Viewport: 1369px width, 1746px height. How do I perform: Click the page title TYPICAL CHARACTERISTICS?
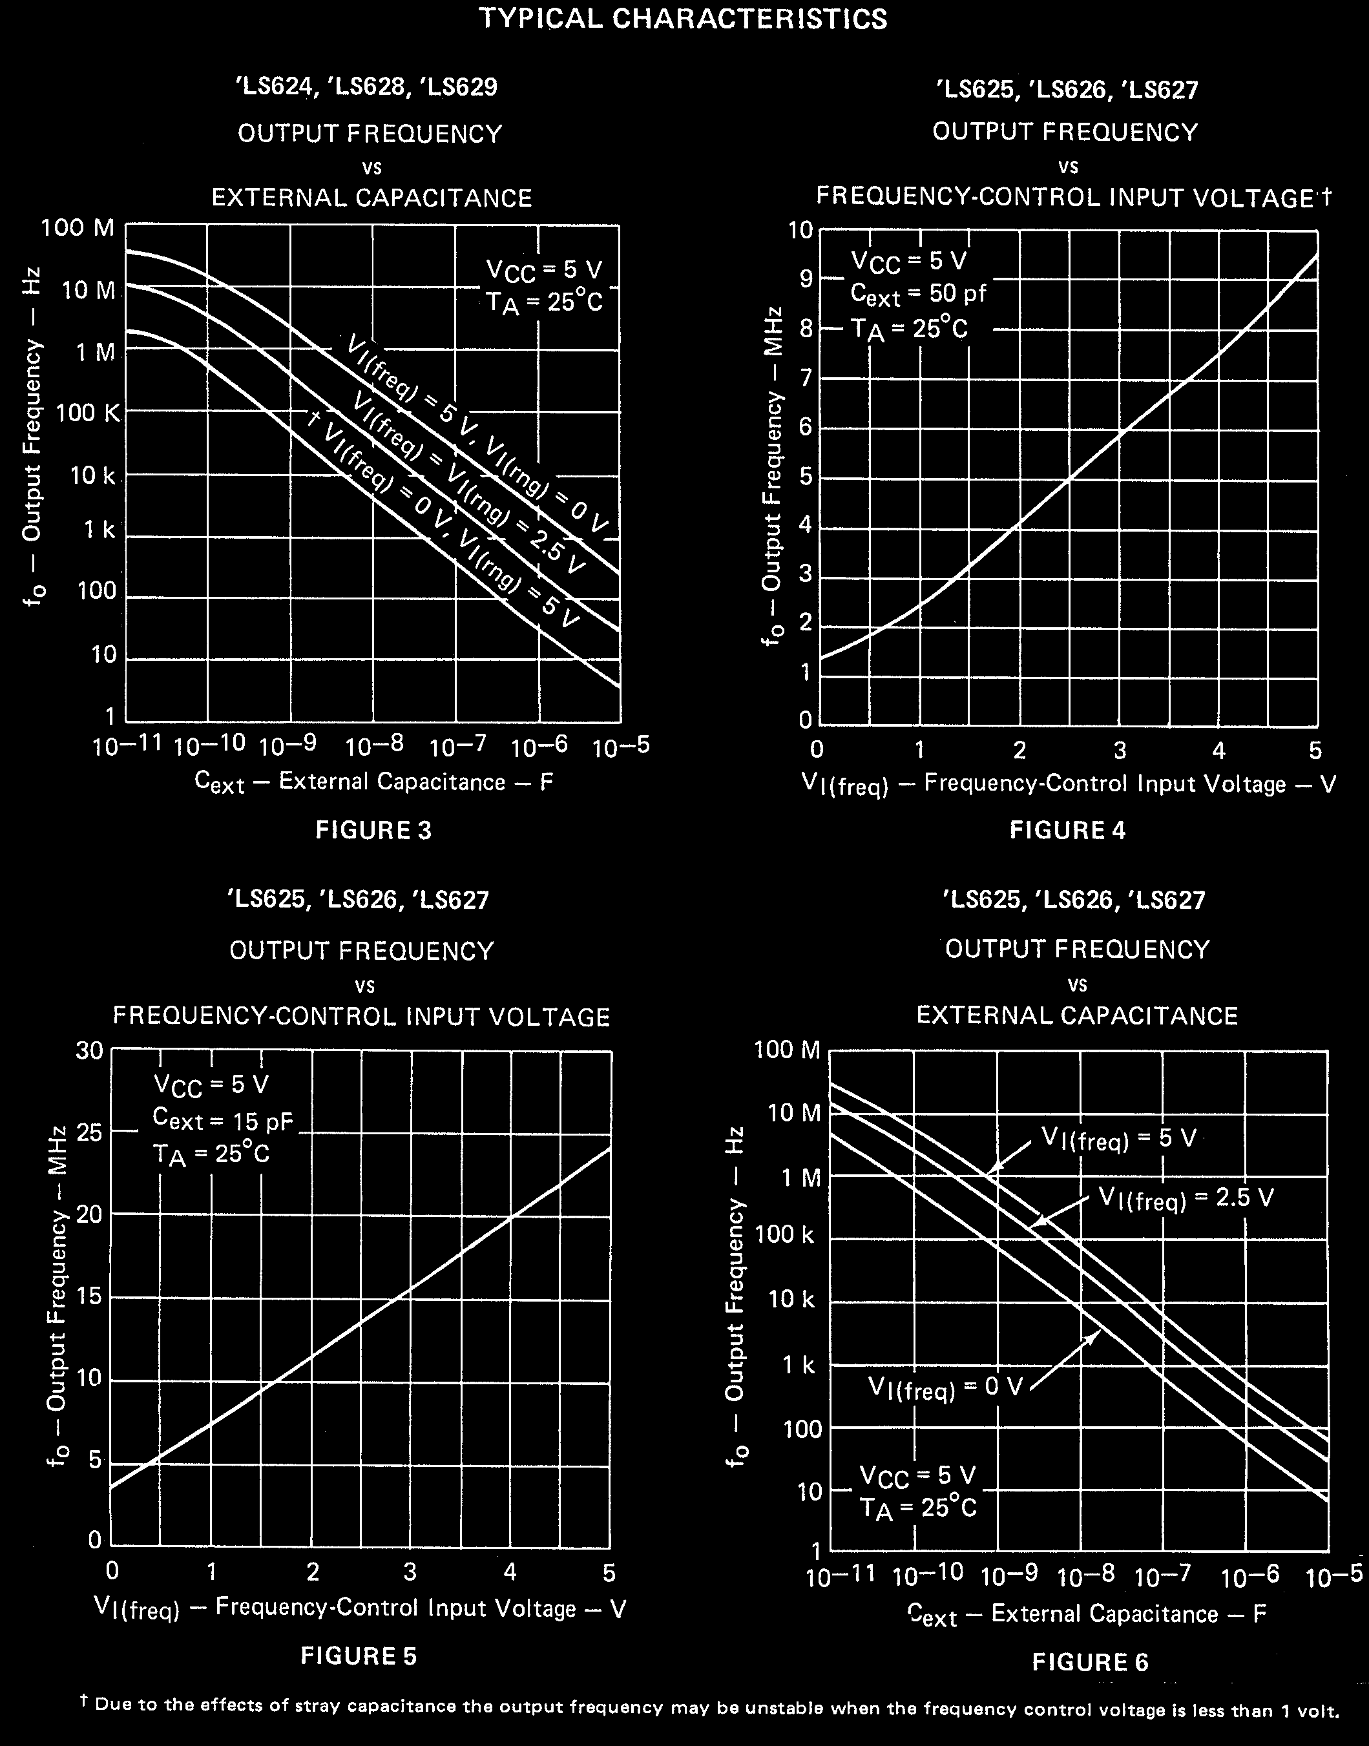click(x=683, y=19)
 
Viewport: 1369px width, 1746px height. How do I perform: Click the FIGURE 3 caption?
click(x=373, y=830)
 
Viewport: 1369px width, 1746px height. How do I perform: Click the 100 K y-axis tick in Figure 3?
click(x=88, y=413)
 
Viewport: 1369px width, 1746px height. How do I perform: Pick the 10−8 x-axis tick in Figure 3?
click(x=373, y=747)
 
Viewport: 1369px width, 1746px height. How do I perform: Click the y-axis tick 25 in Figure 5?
click(x=90, y=1133)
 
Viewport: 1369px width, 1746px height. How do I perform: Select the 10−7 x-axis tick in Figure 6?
click(x=1163, y=1576)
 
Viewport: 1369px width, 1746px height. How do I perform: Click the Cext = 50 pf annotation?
click(x=918, y=295)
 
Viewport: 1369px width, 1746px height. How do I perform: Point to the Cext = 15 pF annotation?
click(x=223, y=1120)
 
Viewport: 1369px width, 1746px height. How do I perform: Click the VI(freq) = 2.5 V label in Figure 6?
click(x=1186, y=1198)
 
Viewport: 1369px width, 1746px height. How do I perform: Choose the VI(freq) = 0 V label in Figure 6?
click(x=946, y=1387)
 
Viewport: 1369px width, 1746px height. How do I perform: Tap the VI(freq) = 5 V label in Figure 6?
click(x=1118, y=1139)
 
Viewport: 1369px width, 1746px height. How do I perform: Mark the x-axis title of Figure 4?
click(x=1069, y=784)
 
